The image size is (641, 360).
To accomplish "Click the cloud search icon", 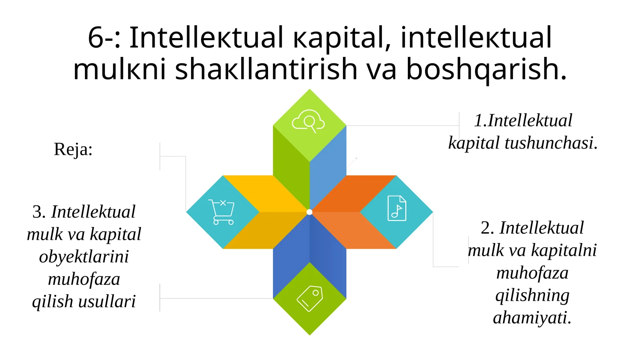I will (x=308, y=121).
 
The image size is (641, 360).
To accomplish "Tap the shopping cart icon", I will (x=221, y=212).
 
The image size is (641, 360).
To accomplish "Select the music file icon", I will (x=397, y=208).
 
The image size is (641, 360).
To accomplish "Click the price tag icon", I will (x=310, y=298).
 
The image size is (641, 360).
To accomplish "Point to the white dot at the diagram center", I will (x=309, y=212).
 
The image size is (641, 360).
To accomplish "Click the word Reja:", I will (x=73, y=149).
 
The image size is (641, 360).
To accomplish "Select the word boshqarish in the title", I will (x=486, y=69).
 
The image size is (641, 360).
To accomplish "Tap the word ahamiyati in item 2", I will (x=532, y=318).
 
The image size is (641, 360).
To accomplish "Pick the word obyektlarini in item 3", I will (x=84, y=257).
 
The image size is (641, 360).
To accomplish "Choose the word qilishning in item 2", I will (x=532, y=295).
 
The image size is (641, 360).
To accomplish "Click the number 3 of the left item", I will (x=38, y=212).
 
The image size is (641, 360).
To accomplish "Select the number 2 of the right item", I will (x=487, y=228).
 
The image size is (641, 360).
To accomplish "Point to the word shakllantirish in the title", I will (x=266, y=69).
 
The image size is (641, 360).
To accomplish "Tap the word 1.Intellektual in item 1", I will (x=523, y=121).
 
